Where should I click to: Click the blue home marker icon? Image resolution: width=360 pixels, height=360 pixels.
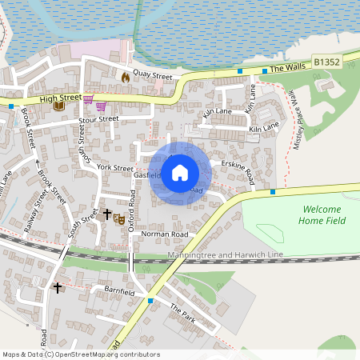tap(180, 172)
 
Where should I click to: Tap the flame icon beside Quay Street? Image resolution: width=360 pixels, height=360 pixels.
tap(125, 77)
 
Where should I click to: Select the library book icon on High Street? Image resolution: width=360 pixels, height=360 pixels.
tap(58, 105)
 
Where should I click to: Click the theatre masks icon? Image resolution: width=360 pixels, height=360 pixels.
tap(119, 218)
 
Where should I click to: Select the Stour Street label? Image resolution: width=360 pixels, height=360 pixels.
tap(98, 120)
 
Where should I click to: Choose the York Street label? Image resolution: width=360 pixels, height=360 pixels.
tap(114, 169)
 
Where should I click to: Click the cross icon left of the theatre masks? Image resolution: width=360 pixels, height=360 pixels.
tap(106, 214)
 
